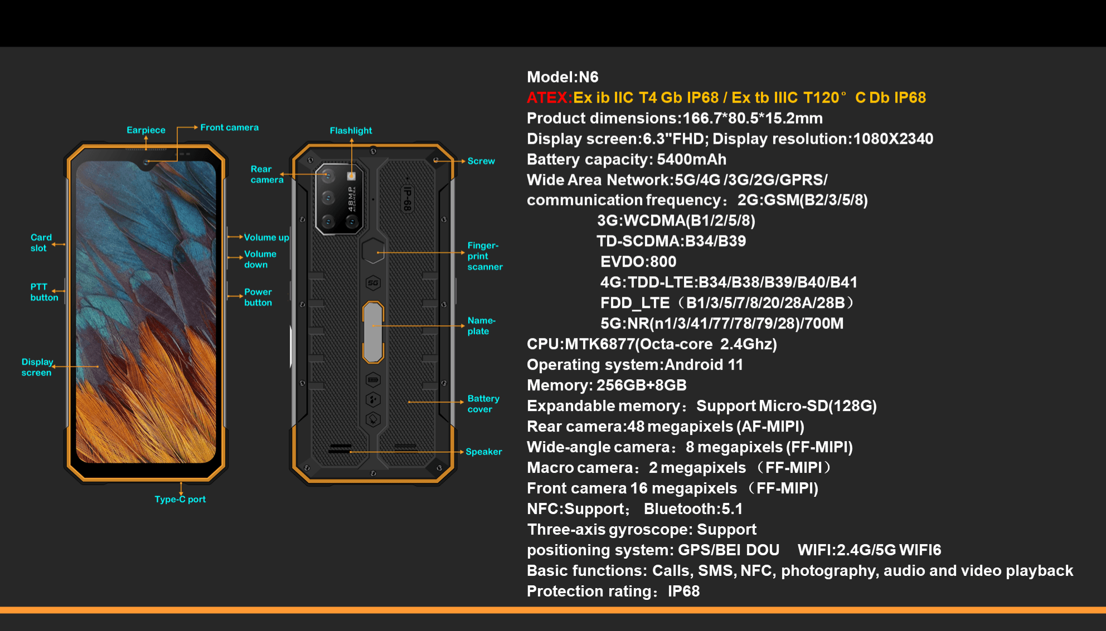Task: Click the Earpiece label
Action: tap(145, 130)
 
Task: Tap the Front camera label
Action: tap(229, 128)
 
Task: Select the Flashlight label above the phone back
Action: tap(351, 131)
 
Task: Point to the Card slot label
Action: tap(41, 243)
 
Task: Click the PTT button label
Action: tap(44, 292)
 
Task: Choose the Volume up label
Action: tap(266, 237)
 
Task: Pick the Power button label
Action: tap(258, 297)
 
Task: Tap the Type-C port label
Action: tap(180, 500)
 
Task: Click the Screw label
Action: tap(481, 161)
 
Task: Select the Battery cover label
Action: tap(483, 404)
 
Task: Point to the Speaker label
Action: tap(483, 452)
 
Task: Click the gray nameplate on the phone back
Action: tap(373, 332)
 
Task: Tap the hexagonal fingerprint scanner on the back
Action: tap(373, 251)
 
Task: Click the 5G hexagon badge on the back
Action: tap(373, 283)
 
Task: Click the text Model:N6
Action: tap(562, 77)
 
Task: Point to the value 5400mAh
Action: tap(691, 160)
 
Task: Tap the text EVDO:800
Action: tap(638, 262)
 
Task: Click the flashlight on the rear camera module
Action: tap(351, 176)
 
